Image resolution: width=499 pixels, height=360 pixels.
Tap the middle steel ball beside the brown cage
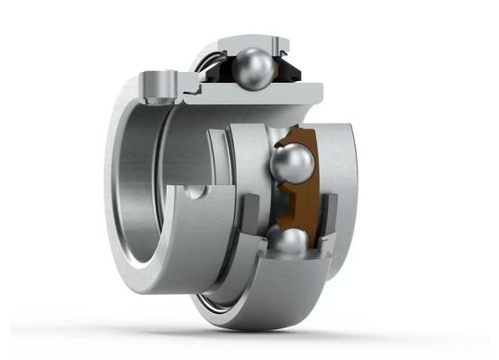click(x=293, y=166)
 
